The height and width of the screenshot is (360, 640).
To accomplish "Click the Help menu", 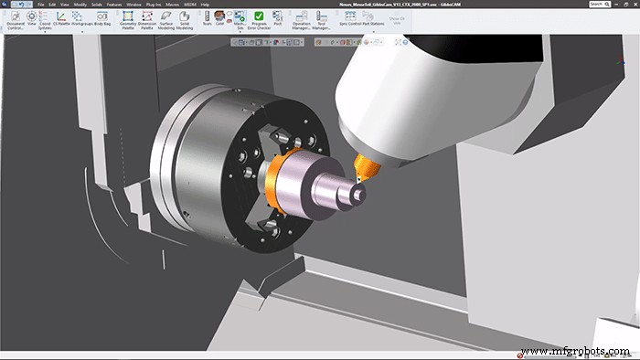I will [x=205, y=5].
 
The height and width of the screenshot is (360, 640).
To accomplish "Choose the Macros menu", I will [x=173, y=5].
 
